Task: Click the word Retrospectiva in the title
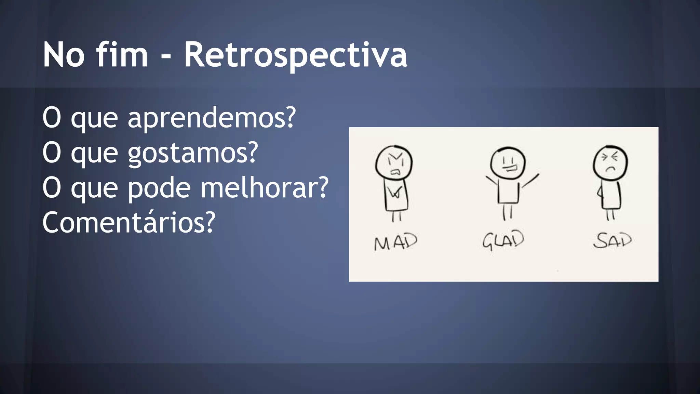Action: click(296, 55)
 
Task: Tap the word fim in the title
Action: click(122, 55)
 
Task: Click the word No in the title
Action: click(64, 55)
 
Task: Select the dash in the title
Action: click(166, 57)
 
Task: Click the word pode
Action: click(159, 188)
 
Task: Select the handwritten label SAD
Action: click(612, 240)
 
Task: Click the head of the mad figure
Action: click(394, 163)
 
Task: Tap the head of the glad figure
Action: click(508, 163)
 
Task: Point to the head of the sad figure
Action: click(610, 163)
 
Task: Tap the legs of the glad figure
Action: click(507, 212)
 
